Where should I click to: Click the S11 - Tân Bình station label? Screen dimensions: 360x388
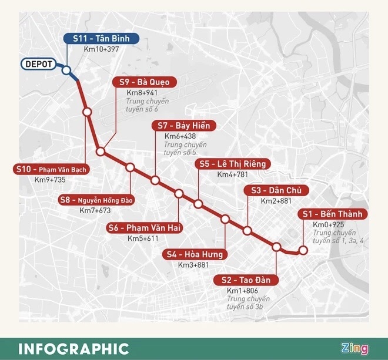click(x=101, y=39)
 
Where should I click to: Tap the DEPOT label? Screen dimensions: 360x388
click(x=39, y=64)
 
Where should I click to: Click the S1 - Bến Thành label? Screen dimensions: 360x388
click(x=332, y=214)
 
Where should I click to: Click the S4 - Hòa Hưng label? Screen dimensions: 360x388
click(x=194, y=254)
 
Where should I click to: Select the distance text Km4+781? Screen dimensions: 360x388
click(x=233, y=175)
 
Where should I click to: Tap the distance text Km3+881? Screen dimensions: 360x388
click(x=194, y=265)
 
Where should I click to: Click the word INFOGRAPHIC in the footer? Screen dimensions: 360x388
click(x=73, y=348)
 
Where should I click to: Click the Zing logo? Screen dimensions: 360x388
click(x=355, y=348)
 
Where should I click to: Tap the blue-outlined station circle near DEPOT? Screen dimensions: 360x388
click(x=66, y=70)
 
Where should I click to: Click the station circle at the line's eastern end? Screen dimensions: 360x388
click(x=303, y=251)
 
